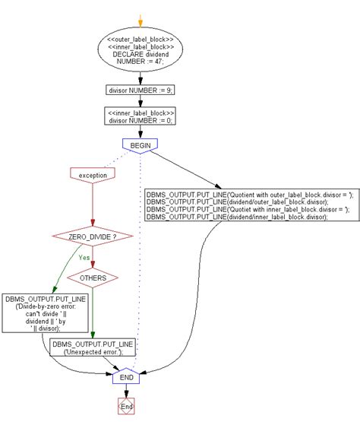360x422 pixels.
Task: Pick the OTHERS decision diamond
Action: (x=93, y=278)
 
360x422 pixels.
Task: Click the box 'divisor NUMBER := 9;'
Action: (x=141, y=89)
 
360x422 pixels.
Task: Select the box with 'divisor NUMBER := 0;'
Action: (x=141, y=115)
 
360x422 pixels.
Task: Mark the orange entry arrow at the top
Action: (x=141, y=18)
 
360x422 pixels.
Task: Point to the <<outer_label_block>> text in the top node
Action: (x=141, y=37)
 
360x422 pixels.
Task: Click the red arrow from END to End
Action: (x=127, y=392)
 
